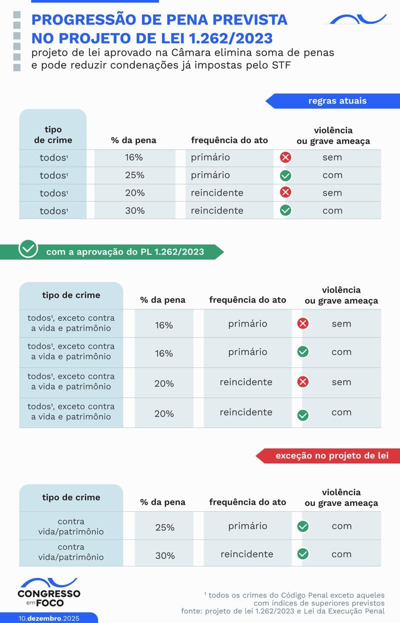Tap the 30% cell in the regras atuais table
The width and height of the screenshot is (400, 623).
[x=134, y=211]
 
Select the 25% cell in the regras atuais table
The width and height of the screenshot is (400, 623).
[x=134, y=175]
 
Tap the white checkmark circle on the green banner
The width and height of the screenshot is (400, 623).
[x=28, y=249]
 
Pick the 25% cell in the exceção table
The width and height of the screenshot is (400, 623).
[x=164, y=527]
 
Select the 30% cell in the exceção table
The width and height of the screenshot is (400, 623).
[x=164, y=555]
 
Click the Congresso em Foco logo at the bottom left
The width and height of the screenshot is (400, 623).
[x=48, y=593]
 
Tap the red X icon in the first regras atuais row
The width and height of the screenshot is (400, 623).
[x=285, y=158]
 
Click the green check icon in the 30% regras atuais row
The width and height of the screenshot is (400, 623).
[x=285, y=211]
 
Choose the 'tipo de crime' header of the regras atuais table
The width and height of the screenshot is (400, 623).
[x=53, y=135]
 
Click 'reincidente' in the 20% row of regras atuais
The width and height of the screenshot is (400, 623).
[x=217, y=193]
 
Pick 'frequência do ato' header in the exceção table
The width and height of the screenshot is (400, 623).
[x=247, y=502]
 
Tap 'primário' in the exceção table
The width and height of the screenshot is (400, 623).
[x=247, y=526]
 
